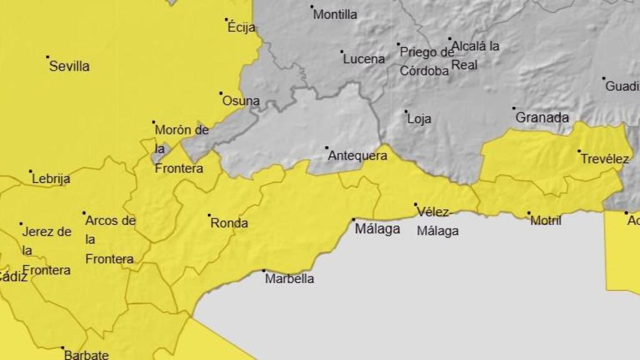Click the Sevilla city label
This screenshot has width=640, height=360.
pos(69,66)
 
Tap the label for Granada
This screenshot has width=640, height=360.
pos(542,117)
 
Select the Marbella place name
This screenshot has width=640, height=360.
pos(289,279)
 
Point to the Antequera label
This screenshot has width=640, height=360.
pos(357,156)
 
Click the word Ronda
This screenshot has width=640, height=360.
pos(229,223)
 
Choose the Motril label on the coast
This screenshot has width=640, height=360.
pos(546,220)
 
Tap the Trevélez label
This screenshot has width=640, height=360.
pos(604,159)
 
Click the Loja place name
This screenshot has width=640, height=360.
pos(419,119)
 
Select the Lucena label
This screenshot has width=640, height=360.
pos(364,59)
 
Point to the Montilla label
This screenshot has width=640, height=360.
pos(335,14)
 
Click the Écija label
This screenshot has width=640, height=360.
pos(241,27)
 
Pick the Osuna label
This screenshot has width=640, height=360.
pos(241,101)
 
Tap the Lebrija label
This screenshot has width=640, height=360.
pos(51,179)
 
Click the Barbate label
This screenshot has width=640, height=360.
pos(86,355)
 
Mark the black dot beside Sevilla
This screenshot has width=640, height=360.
pos(47,57)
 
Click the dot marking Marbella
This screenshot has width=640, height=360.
pos(264,271)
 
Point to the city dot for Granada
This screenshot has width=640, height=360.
pos(514,108)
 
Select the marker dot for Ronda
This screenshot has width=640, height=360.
pos(209,215)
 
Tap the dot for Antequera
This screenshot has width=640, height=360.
pos(326,148)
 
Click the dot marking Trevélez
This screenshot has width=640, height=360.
pos(579,151)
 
